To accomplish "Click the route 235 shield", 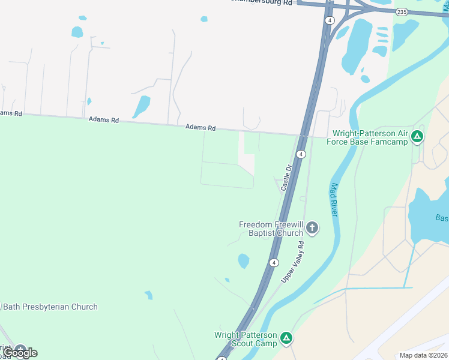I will pos(402,12).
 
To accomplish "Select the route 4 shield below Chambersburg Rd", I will pos(330,20).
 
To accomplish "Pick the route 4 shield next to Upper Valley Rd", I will pos(274,263).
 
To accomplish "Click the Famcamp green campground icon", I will pos(417,137).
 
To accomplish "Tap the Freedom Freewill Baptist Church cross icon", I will pos(312,227).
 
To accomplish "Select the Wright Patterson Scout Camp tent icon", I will pos(287,338).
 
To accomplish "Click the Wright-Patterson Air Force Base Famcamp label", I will pos(370,137).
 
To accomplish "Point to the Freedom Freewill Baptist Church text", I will pos(271,229).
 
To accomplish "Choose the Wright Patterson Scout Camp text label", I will pos(246,339).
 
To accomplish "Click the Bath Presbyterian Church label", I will pos(50,307).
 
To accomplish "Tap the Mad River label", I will pos(334,200).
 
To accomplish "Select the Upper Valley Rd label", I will pos(294,262).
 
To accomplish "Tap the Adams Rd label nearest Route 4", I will pos(200,127).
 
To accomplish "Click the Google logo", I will pos(20,353).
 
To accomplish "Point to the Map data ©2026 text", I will pos(423,355).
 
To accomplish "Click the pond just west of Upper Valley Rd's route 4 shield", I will pos(243,261).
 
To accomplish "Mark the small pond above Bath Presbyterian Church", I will pos(148,295).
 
